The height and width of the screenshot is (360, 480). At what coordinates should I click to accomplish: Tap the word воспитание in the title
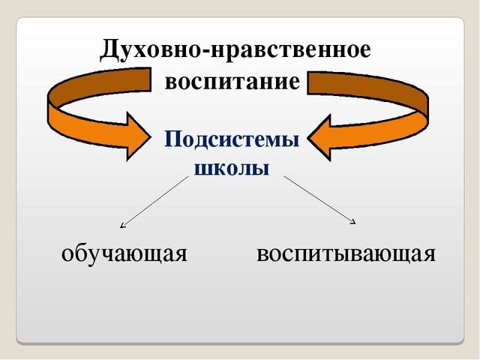232,81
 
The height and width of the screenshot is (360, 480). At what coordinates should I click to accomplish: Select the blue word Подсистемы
232,139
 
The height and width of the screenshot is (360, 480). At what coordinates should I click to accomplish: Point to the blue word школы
232,167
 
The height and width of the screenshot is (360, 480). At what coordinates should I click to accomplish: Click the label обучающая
124,254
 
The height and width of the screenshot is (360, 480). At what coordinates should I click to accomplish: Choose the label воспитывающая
345,254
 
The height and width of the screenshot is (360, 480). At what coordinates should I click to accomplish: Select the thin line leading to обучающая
154,202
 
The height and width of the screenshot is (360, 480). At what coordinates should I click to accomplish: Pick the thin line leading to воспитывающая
319,199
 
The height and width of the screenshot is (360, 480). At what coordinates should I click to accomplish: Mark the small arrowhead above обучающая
123,223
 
